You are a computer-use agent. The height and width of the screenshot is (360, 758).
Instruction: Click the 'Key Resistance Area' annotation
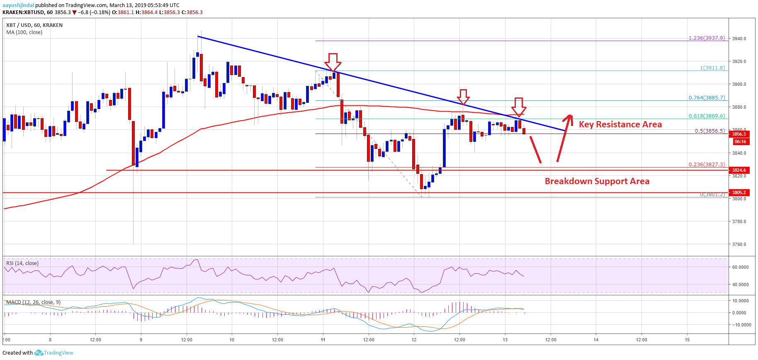(620, 124)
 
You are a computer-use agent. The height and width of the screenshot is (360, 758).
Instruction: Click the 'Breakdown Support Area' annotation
(597, 181)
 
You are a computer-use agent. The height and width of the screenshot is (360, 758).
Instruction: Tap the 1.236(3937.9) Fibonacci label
(707, 38)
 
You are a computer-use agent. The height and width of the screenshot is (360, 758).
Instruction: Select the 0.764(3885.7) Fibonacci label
(707, 98)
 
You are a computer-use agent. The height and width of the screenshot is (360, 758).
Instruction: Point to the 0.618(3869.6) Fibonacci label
(707, 116)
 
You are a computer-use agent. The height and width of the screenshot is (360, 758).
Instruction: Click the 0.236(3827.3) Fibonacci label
(707, 165)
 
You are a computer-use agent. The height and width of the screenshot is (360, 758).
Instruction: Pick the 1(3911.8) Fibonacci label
(712, 68)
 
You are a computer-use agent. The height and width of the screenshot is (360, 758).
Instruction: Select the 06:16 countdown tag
(740, 142)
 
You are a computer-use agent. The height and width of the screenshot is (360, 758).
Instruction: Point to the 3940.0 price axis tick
(739, 39)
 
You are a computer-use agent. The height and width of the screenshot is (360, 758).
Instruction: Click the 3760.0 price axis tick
(739, 244)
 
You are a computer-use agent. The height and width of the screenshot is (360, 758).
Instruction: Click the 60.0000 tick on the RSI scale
(741, 267)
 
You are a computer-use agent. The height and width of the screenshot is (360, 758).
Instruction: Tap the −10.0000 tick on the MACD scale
(741, 325)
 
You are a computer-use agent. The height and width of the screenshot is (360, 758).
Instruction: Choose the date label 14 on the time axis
(596, 340)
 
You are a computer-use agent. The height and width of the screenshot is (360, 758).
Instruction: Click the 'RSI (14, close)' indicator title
(22, 263)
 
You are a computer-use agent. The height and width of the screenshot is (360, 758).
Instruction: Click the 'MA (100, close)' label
(24, 32)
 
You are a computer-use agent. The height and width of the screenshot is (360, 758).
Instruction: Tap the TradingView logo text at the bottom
(58, 353)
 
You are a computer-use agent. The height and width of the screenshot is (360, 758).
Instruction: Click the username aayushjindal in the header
(18, 5)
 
